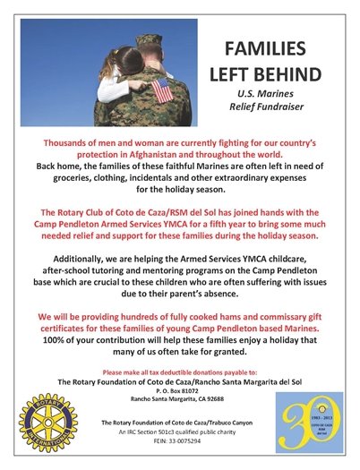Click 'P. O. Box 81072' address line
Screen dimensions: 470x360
(x=180, y=391)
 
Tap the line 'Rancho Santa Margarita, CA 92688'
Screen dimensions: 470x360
(x=180, y=399)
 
